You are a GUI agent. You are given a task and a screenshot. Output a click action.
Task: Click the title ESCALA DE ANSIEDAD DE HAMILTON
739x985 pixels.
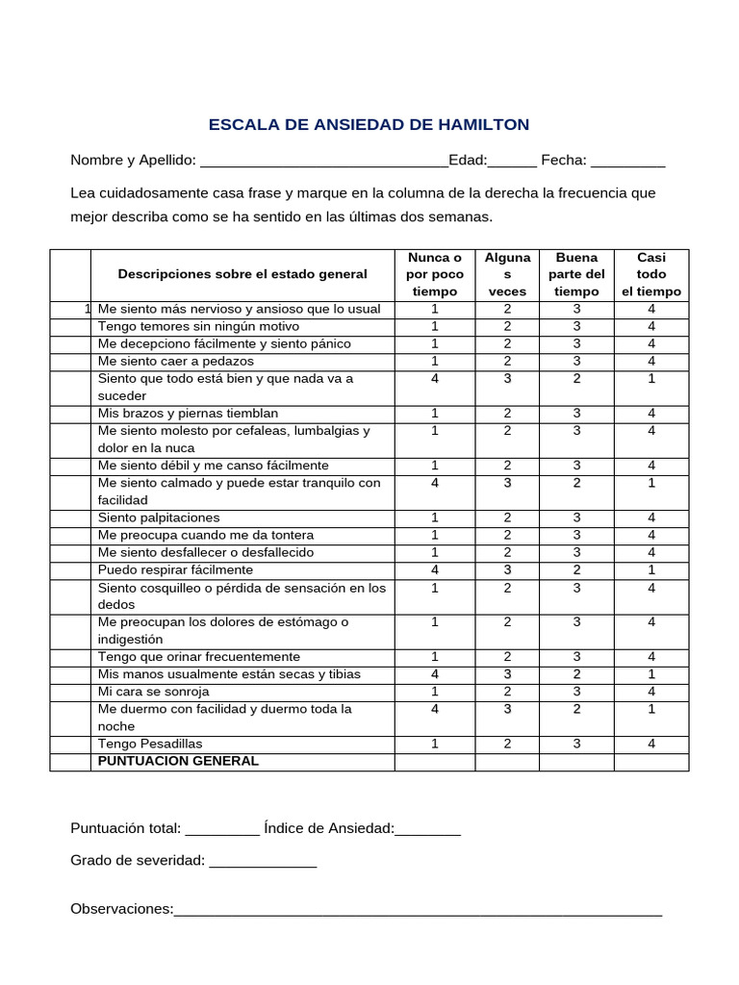(x=369, y=125)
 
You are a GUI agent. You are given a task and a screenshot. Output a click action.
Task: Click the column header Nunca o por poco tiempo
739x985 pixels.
(x=435, y=274)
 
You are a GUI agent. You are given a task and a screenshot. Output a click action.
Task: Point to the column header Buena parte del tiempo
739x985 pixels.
(x=576, y=274)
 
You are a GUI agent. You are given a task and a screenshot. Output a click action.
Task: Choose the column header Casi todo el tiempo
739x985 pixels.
(x=651, y=274)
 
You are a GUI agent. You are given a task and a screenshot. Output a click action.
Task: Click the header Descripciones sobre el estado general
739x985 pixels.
(x=242, y=274)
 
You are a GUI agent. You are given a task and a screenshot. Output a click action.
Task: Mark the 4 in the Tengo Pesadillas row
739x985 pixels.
(x=651, y=744)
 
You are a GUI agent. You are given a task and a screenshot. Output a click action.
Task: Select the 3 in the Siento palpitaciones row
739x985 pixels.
(x=576, y=518)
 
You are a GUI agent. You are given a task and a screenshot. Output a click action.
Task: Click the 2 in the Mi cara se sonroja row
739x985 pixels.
(x=507, y=692)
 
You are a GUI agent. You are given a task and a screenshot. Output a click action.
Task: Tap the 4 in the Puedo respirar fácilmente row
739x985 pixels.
(x=435, y=569)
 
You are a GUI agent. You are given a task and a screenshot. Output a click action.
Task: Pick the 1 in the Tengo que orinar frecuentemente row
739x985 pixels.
(x=435, y=657)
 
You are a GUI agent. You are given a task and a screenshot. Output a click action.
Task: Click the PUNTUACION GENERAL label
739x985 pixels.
(x=179, y=761)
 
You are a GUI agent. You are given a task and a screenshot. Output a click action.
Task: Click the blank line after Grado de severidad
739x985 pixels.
(x=263, y=862)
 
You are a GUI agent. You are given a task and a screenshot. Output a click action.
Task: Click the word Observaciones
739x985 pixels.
(x=121, y=909)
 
